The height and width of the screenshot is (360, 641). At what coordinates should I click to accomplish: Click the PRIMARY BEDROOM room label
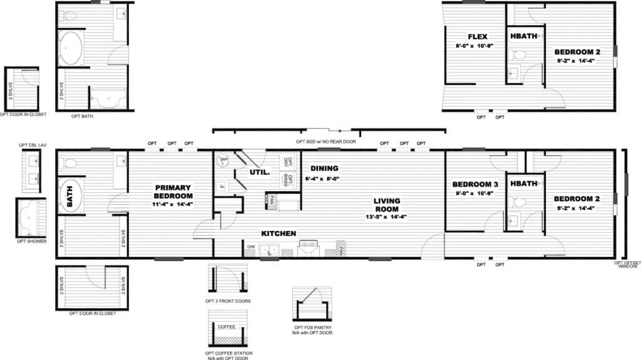(x=173, y=191)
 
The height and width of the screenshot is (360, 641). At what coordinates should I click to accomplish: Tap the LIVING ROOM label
(x=387, y=205)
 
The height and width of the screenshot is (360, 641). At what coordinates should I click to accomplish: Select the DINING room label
(x=324, y=168)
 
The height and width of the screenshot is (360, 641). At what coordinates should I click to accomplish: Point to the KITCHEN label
(x=279, y=234)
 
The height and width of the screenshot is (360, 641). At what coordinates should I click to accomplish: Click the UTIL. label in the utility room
(x=259, y=172)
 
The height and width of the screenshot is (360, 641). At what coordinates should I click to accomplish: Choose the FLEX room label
(x=478, y=37)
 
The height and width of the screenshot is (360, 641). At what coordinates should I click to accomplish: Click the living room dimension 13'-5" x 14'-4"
(x=387, y=217)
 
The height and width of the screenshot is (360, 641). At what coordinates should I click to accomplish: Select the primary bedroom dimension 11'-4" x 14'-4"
(x=173, y=203)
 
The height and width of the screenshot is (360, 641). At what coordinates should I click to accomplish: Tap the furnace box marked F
(x=222, y=186)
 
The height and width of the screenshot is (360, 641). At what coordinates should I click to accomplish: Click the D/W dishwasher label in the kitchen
(x=250, y=247)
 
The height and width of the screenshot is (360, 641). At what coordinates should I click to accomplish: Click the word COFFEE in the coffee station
(x=227, y=327)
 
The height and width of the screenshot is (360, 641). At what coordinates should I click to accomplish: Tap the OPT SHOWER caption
(x=32, y=241)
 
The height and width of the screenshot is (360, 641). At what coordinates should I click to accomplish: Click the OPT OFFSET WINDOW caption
(x=627, y=264)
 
